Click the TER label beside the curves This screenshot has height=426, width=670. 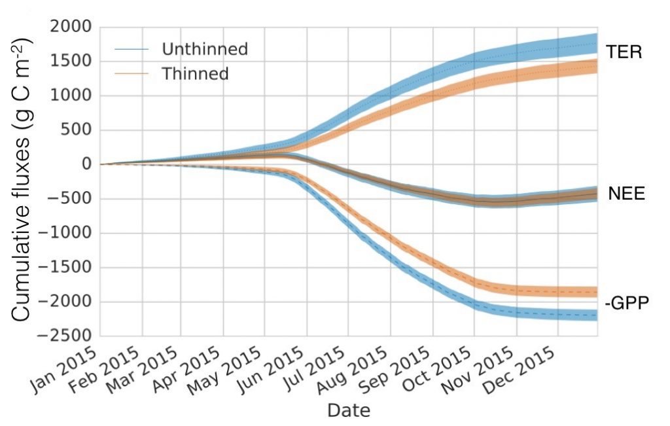tap(624, 52)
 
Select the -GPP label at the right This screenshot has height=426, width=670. tap(626, 304)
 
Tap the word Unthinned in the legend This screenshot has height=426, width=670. tap(205, 49)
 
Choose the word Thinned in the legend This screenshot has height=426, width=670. tap(195, 74)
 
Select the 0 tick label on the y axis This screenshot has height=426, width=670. tap(84, 165)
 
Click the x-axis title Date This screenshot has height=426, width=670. tap(349, 411)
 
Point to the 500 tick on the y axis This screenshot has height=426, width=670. tap(76, 130)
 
